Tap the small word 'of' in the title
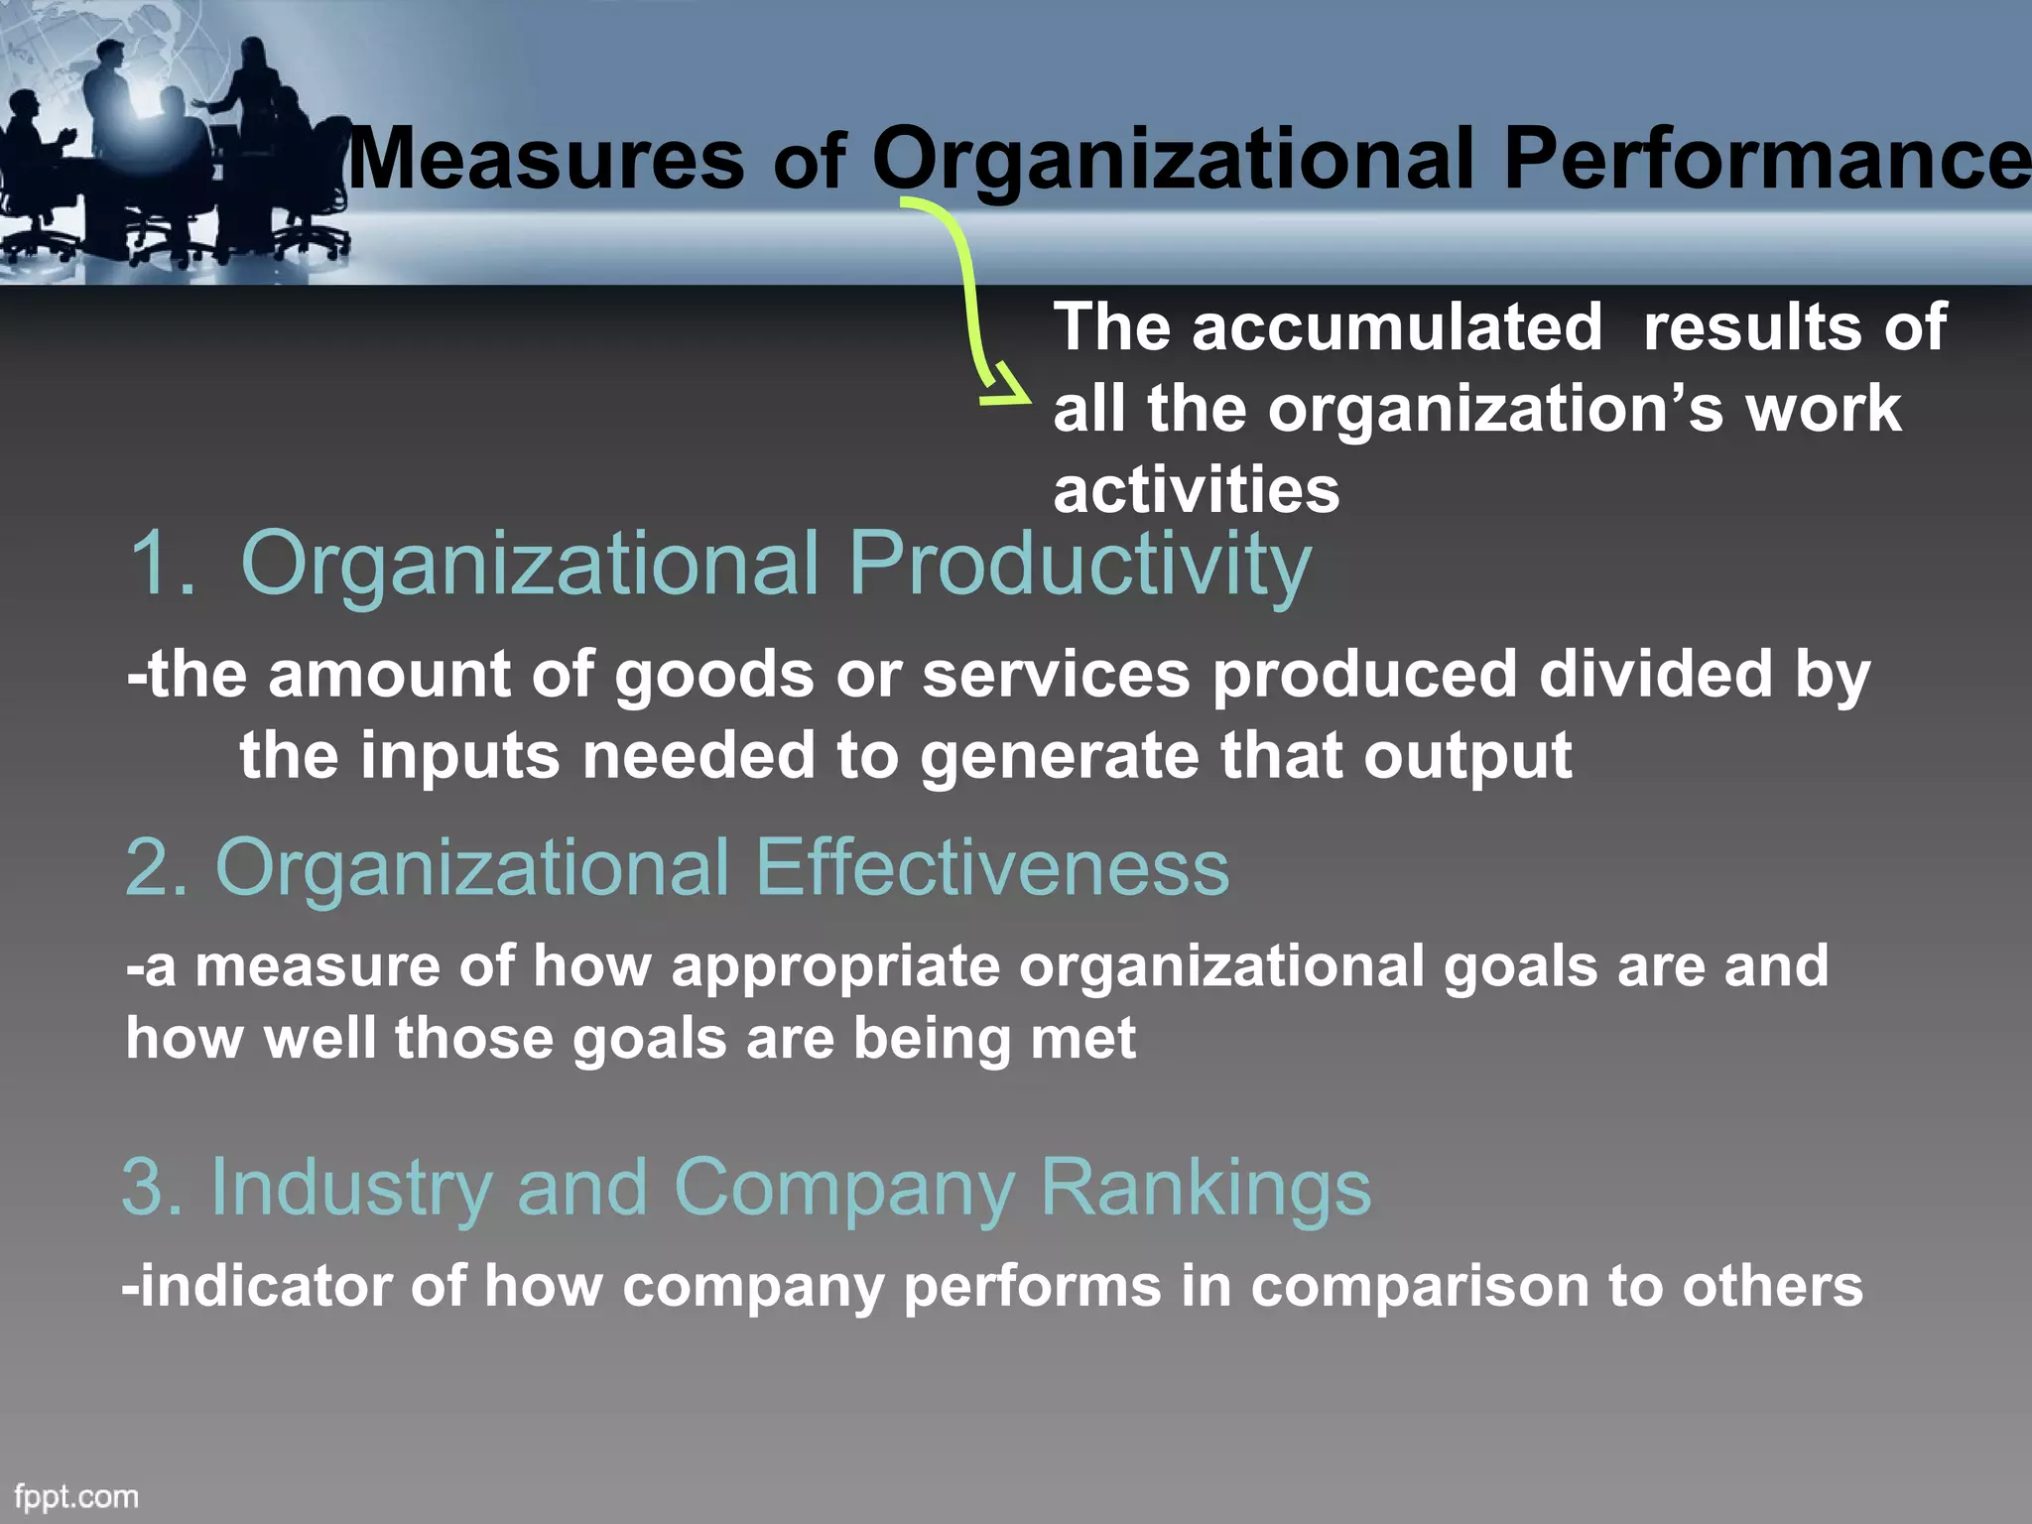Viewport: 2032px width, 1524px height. (808, 164)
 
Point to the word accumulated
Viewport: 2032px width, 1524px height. (1397, 326)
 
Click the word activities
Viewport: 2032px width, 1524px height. (1196, 490)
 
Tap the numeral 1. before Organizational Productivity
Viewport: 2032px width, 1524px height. (162, 564)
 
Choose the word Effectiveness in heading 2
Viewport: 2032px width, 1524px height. (991, 867)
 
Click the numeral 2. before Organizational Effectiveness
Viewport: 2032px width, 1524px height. (156, 867)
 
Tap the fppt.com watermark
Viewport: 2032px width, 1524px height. (76, 1496)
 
